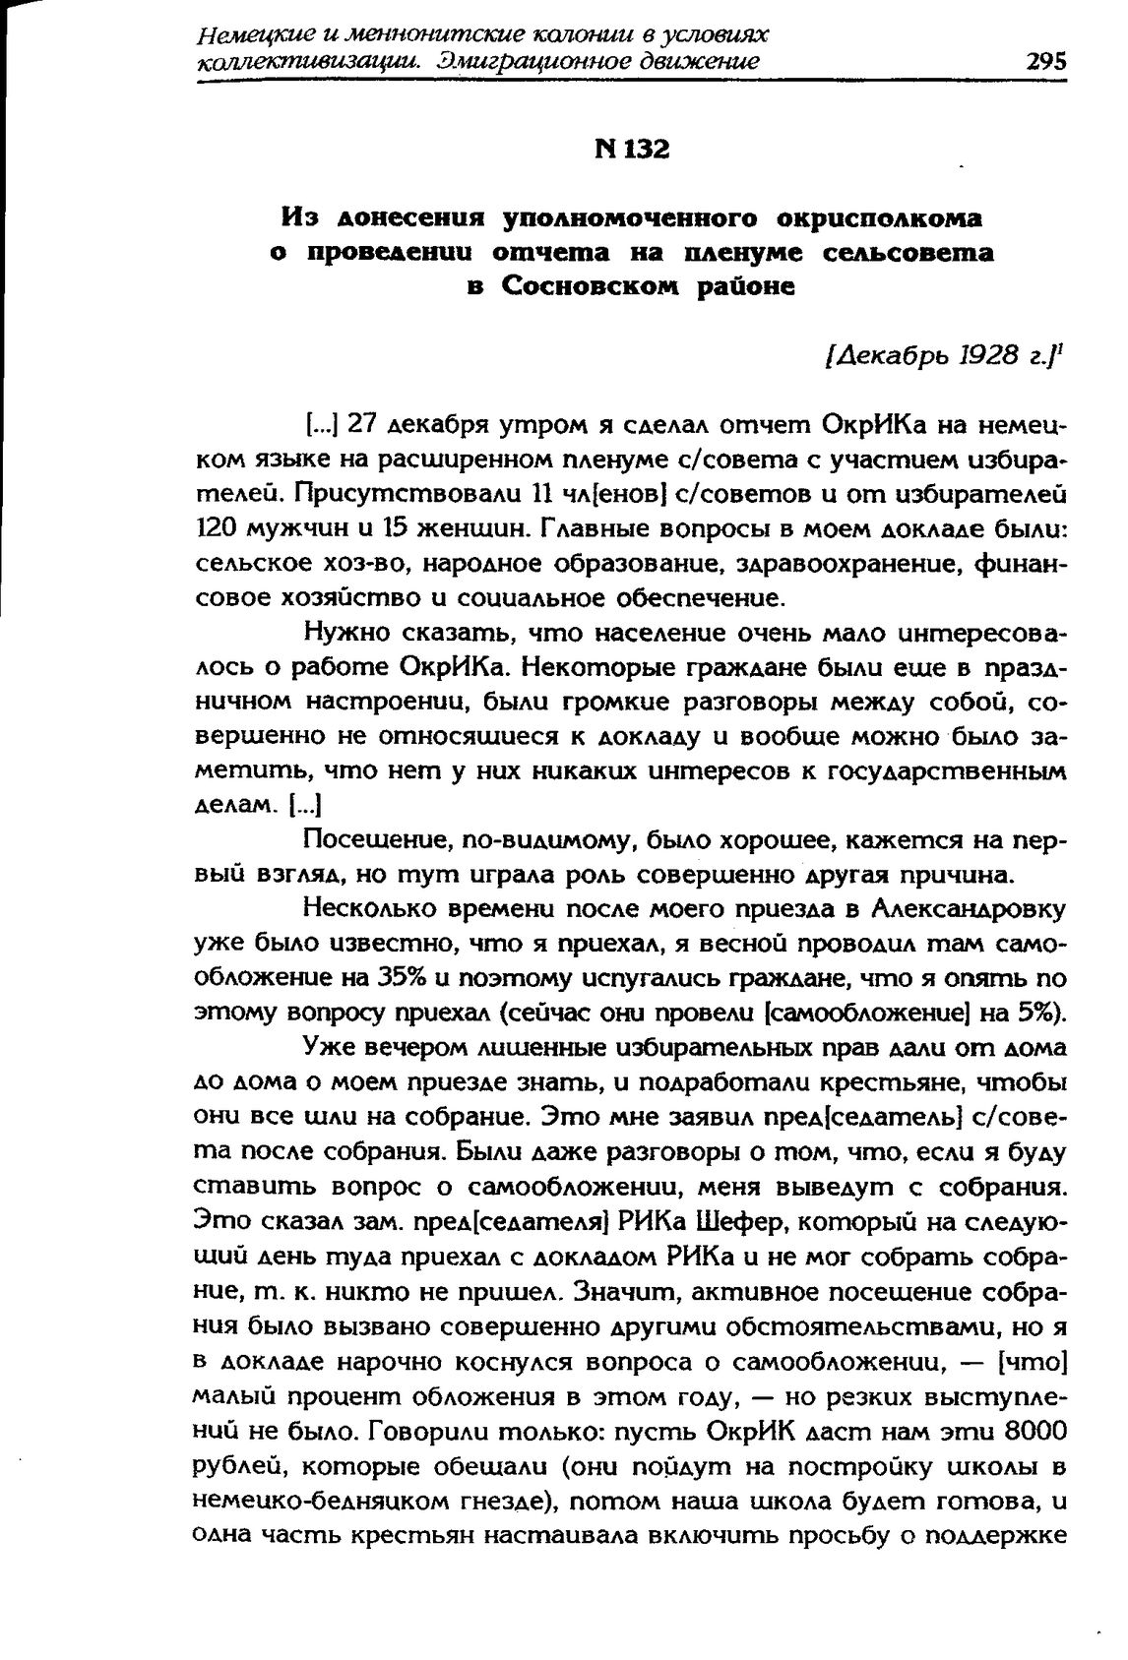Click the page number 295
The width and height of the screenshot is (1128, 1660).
[1046, 61]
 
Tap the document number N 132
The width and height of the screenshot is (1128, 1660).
[632, 150]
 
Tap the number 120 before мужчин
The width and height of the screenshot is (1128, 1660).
[214, 528]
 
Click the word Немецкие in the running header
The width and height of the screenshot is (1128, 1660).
[249, 35]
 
